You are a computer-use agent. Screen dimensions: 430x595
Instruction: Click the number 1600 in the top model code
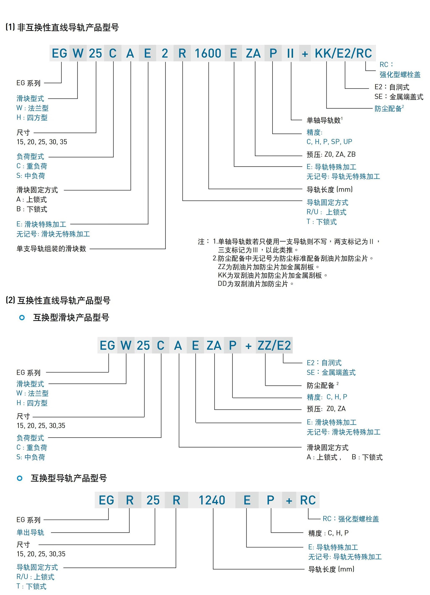pyautogui.click(x=208, y=54)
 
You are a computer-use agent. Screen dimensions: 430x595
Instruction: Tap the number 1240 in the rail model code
pyautogui.click(x=212, y=500)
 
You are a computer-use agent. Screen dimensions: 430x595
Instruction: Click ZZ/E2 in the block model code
pyautogui.click(x=274, y=345)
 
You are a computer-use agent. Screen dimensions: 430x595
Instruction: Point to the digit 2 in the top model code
pyautogui.click(x=165, y=54)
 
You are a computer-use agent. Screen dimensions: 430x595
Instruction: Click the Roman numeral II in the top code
pyautogui.click(x=290, y=54)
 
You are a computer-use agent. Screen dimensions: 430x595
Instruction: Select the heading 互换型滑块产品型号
pyautogui.click(x=71, y=317)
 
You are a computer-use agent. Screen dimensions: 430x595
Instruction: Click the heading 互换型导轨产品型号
pyautogui.click(x=69, y=478)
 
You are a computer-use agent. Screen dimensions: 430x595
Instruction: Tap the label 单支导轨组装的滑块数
pyautogui.click(x=51, y=248)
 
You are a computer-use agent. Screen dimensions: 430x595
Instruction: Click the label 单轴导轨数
pyautogui.click(x=324, y=120)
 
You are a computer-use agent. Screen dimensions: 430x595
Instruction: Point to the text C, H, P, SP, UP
pyautogui.click(x=329, y=142)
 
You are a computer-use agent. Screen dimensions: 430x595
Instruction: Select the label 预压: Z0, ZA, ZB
pyautogui.click(x=331, y=154)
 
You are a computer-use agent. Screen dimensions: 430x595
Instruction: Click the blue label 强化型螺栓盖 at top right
pyautogui.click(x=400, y=75)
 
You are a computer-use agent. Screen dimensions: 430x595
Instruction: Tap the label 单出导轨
pyautogui.click(x=30, y=532)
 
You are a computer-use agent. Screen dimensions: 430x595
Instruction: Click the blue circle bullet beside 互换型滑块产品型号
pyautogui.click(x=22, y=317)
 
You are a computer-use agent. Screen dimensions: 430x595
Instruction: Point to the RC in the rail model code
pyautogui.click(x=308, y=500)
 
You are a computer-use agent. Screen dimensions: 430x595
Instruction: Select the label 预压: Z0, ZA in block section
pyautogui.click(x=326, y=408)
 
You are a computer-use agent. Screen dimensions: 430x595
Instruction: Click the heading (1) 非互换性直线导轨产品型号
pyautogui.click(x=62, y=27)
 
